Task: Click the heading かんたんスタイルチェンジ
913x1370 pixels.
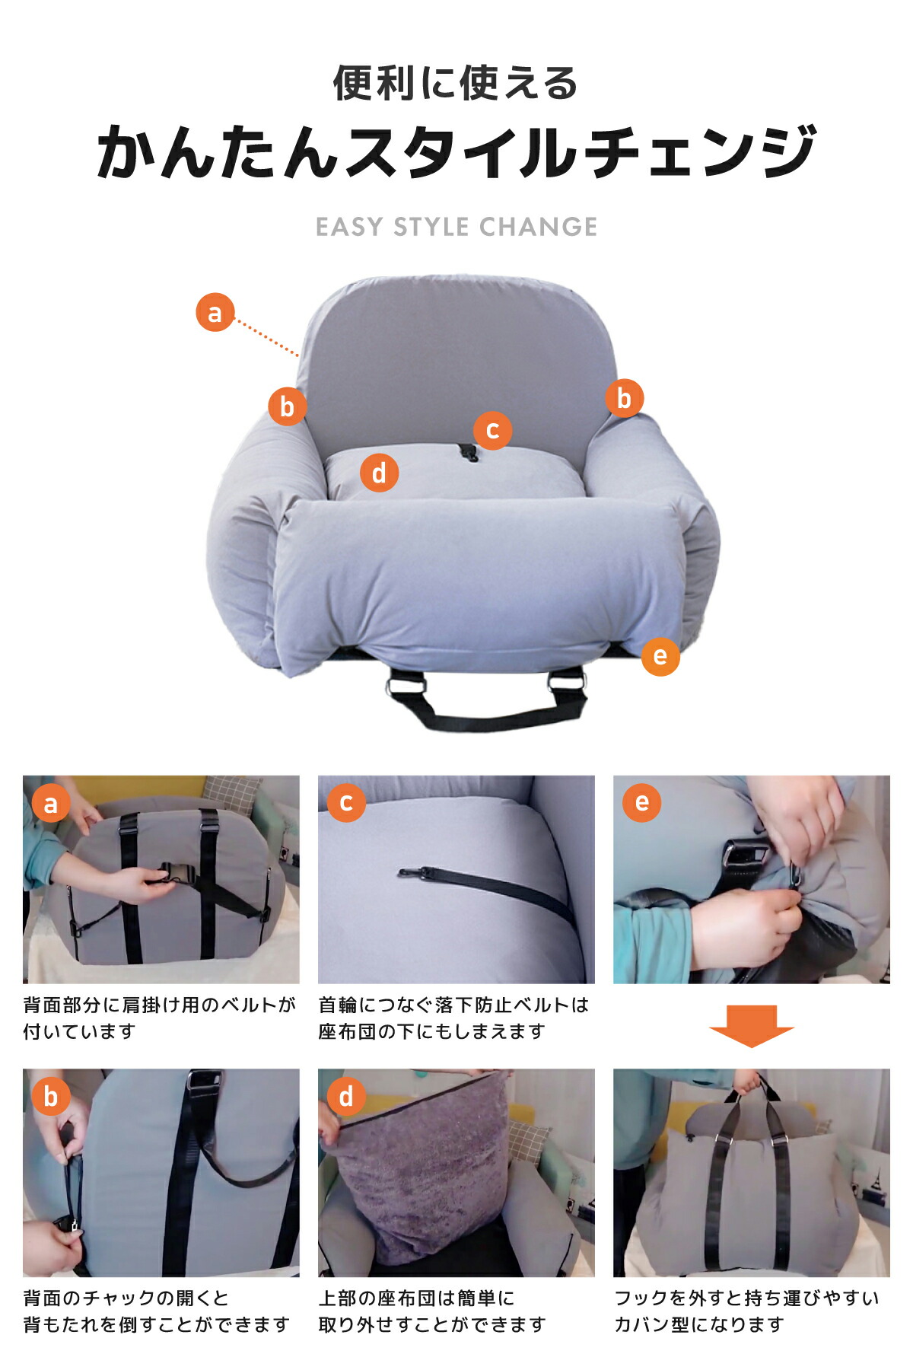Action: click(456, 151)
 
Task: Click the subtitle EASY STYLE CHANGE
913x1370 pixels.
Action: click(456, 227)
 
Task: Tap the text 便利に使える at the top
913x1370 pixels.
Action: click(456, 83)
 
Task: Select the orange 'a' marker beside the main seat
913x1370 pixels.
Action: click(215, 313)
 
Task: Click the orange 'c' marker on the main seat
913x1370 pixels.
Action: click(492, 430)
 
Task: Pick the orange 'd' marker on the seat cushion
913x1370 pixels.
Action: click(379, 473)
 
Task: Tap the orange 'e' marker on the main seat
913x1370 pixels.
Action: click(660, 656)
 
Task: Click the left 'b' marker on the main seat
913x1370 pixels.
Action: click(287, 406)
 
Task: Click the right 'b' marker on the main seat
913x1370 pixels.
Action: click(625, 398)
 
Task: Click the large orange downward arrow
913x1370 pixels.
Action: click(752, 1026)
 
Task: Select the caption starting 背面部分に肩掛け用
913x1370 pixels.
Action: click(159, 1018)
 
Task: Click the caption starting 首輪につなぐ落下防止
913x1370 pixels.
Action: click(453, 1018)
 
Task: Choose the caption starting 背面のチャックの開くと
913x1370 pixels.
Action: click(157, 1311)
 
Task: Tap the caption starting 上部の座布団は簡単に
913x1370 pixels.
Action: click(432, 1311)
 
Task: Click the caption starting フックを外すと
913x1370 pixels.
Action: click(746, 1311)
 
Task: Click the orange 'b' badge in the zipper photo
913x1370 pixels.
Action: click(51, 1097)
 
